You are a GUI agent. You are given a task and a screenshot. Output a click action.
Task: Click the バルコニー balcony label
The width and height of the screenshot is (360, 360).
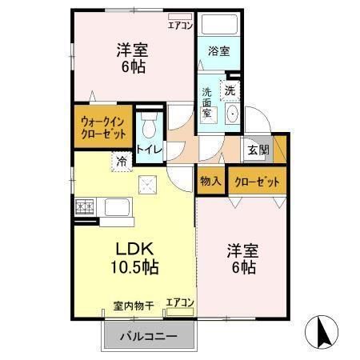pos(149,336)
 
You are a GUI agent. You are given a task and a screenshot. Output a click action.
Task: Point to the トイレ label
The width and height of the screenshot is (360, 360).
pos(149,149)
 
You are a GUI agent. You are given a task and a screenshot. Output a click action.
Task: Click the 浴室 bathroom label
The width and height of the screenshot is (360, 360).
pos(219,51)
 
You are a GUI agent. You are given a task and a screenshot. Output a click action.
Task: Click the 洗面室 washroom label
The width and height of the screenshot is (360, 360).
pos(206,103)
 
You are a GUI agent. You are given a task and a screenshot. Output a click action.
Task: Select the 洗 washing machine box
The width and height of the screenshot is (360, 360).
pos(230,90)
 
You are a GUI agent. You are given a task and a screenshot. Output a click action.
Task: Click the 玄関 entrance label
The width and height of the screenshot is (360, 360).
pos(258,150)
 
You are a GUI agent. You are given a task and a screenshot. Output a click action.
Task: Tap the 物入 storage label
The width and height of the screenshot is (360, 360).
pos(211,182)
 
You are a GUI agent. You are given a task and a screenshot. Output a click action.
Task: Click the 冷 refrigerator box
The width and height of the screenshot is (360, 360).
pos(122,162)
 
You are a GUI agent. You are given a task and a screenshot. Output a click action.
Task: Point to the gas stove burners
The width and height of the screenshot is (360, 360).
pos(86,208)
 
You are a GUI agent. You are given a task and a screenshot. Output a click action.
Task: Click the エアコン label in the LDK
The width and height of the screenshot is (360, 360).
pos(180,302)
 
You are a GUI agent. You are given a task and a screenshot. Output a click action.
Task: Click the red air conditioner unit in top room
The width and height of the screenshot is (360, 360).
pos(180,15)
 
